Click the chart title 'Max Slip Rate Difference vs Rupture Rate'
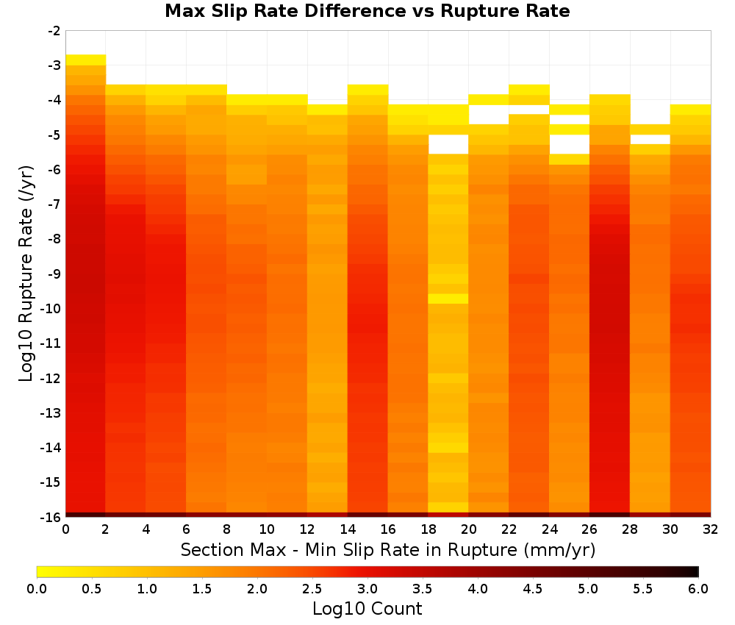tap(367, 11)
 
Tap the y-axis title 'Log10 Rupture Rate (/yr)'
tap(26, 274)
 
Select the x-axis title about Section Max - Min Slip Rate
tap(388, 549)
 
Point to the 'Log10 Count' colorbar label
tap(367, 609)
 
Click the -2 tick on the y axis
tap(54, 31)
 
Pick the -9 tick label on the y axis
tap(54, 274)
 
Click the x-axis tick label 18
tap(429, 529)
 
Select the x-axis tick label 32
tap(711, 529)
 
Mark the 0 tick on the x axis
tap(65, 529)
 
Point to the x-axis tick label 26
tap(589, 529)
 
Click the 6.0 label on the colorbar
tap(698, 588)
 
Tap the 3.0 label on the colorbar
tap(367, 588)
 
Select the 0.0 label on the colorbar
tap(37, 588)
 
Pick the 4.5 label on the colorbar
tap(533, 588)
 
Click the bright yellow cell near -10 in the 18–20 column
tap(448, 299)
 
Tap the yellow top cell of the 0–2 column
tap(86, 60)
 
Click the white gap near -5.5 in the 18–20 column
tap(448, 144)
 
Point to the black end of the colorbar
tap(693, 571)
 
